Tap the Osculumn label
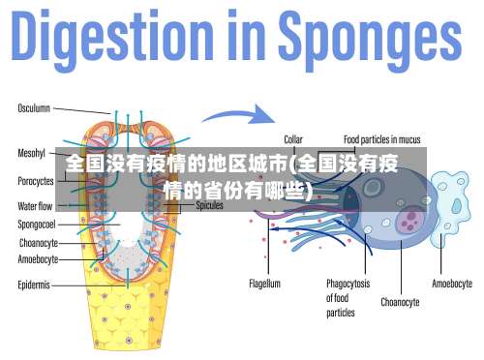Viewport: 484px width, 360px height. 35,108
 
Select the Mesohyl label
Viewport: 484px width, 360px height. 32,153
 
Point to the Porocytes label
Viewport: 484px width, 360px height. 36,181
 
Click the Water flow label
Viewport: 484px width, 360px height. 36,206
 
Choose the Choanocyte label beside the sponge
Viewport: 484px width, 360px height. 38,243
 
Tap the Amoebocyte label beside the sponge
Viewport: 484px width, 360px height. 39,259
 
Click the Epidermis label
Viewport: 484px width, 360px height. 34,285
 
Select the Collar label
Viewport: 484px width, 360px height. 292,139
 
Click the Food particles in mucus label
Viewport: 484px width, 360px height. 383,139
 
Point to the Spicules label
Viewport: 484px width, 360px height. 210,206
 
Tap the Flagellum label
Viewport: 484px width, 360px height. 264,285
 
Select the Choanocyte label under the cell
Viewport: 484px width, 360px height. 400,302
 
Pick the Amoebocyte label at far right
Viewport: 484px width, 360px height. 451,285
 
